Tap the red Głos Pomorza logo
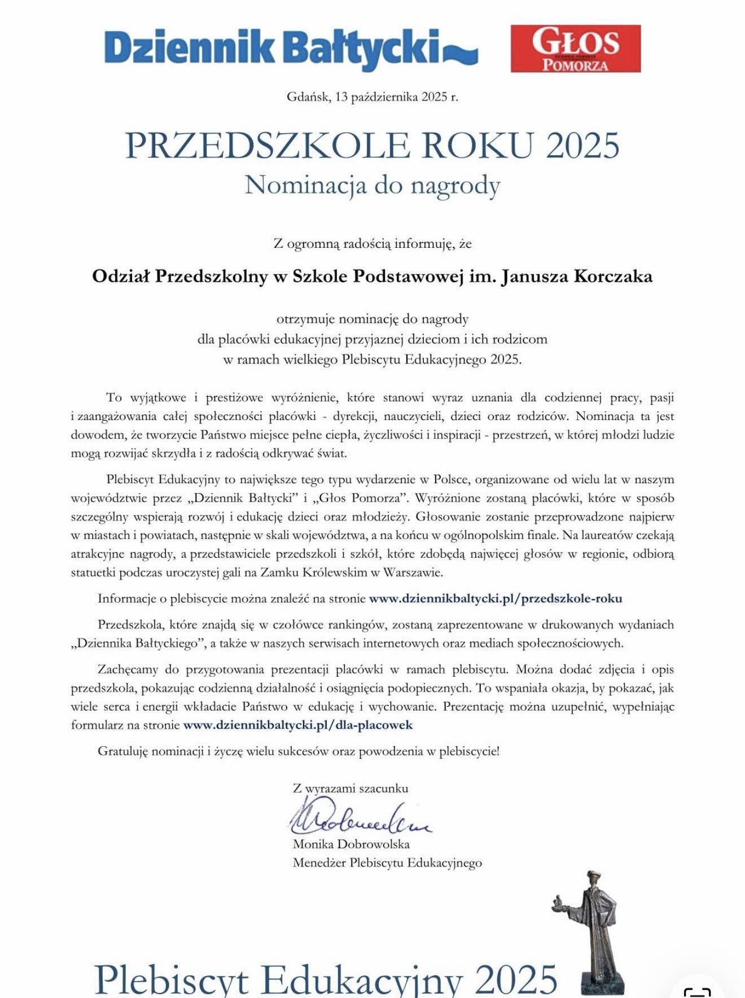pyautogui.click(x=575, y=49)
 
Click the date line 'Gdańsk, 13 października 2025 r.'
pyautogui.click(x=373, y=97)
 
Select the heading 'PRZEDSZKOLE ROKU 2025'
pyautogui.click(x=373, y=145)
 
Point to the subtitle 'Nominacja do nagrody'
pyautogui.click(x=373, y=185)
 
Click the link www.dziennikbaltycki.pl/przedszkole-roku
pyautogui.click(x=495, y=598)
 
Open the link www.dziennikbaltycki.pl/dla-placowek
pyautogui.click(x=298, y=725)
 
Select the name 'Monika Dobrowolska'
pyautogui.click(x=351, y=844)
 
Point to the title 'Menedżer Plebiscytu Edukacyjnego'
pyautogui.click(x=387, y=863)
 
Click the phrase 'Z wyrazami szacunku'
pyautogui.click(x=350, y=789)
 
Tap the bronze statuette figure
pyautogui.click(x=593, y=931)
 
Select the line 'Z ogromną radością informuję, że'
pyautogui.click(x=373, y=244)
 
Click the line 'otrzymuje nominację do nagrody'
pyautogui.click(x=373, y=319)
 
